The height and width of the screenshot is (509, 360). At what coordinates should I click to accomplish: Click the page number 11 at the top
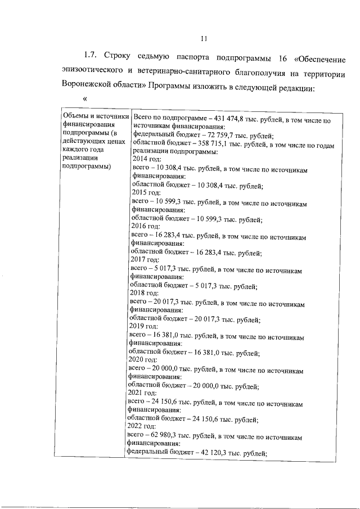tap(204, 39)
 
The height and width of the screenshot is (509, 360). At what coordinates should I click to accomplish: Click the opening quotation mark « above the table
tap(85, 98)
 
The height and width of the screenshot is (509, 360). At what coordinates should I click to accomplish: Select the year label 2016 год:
tap(146, 228)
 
